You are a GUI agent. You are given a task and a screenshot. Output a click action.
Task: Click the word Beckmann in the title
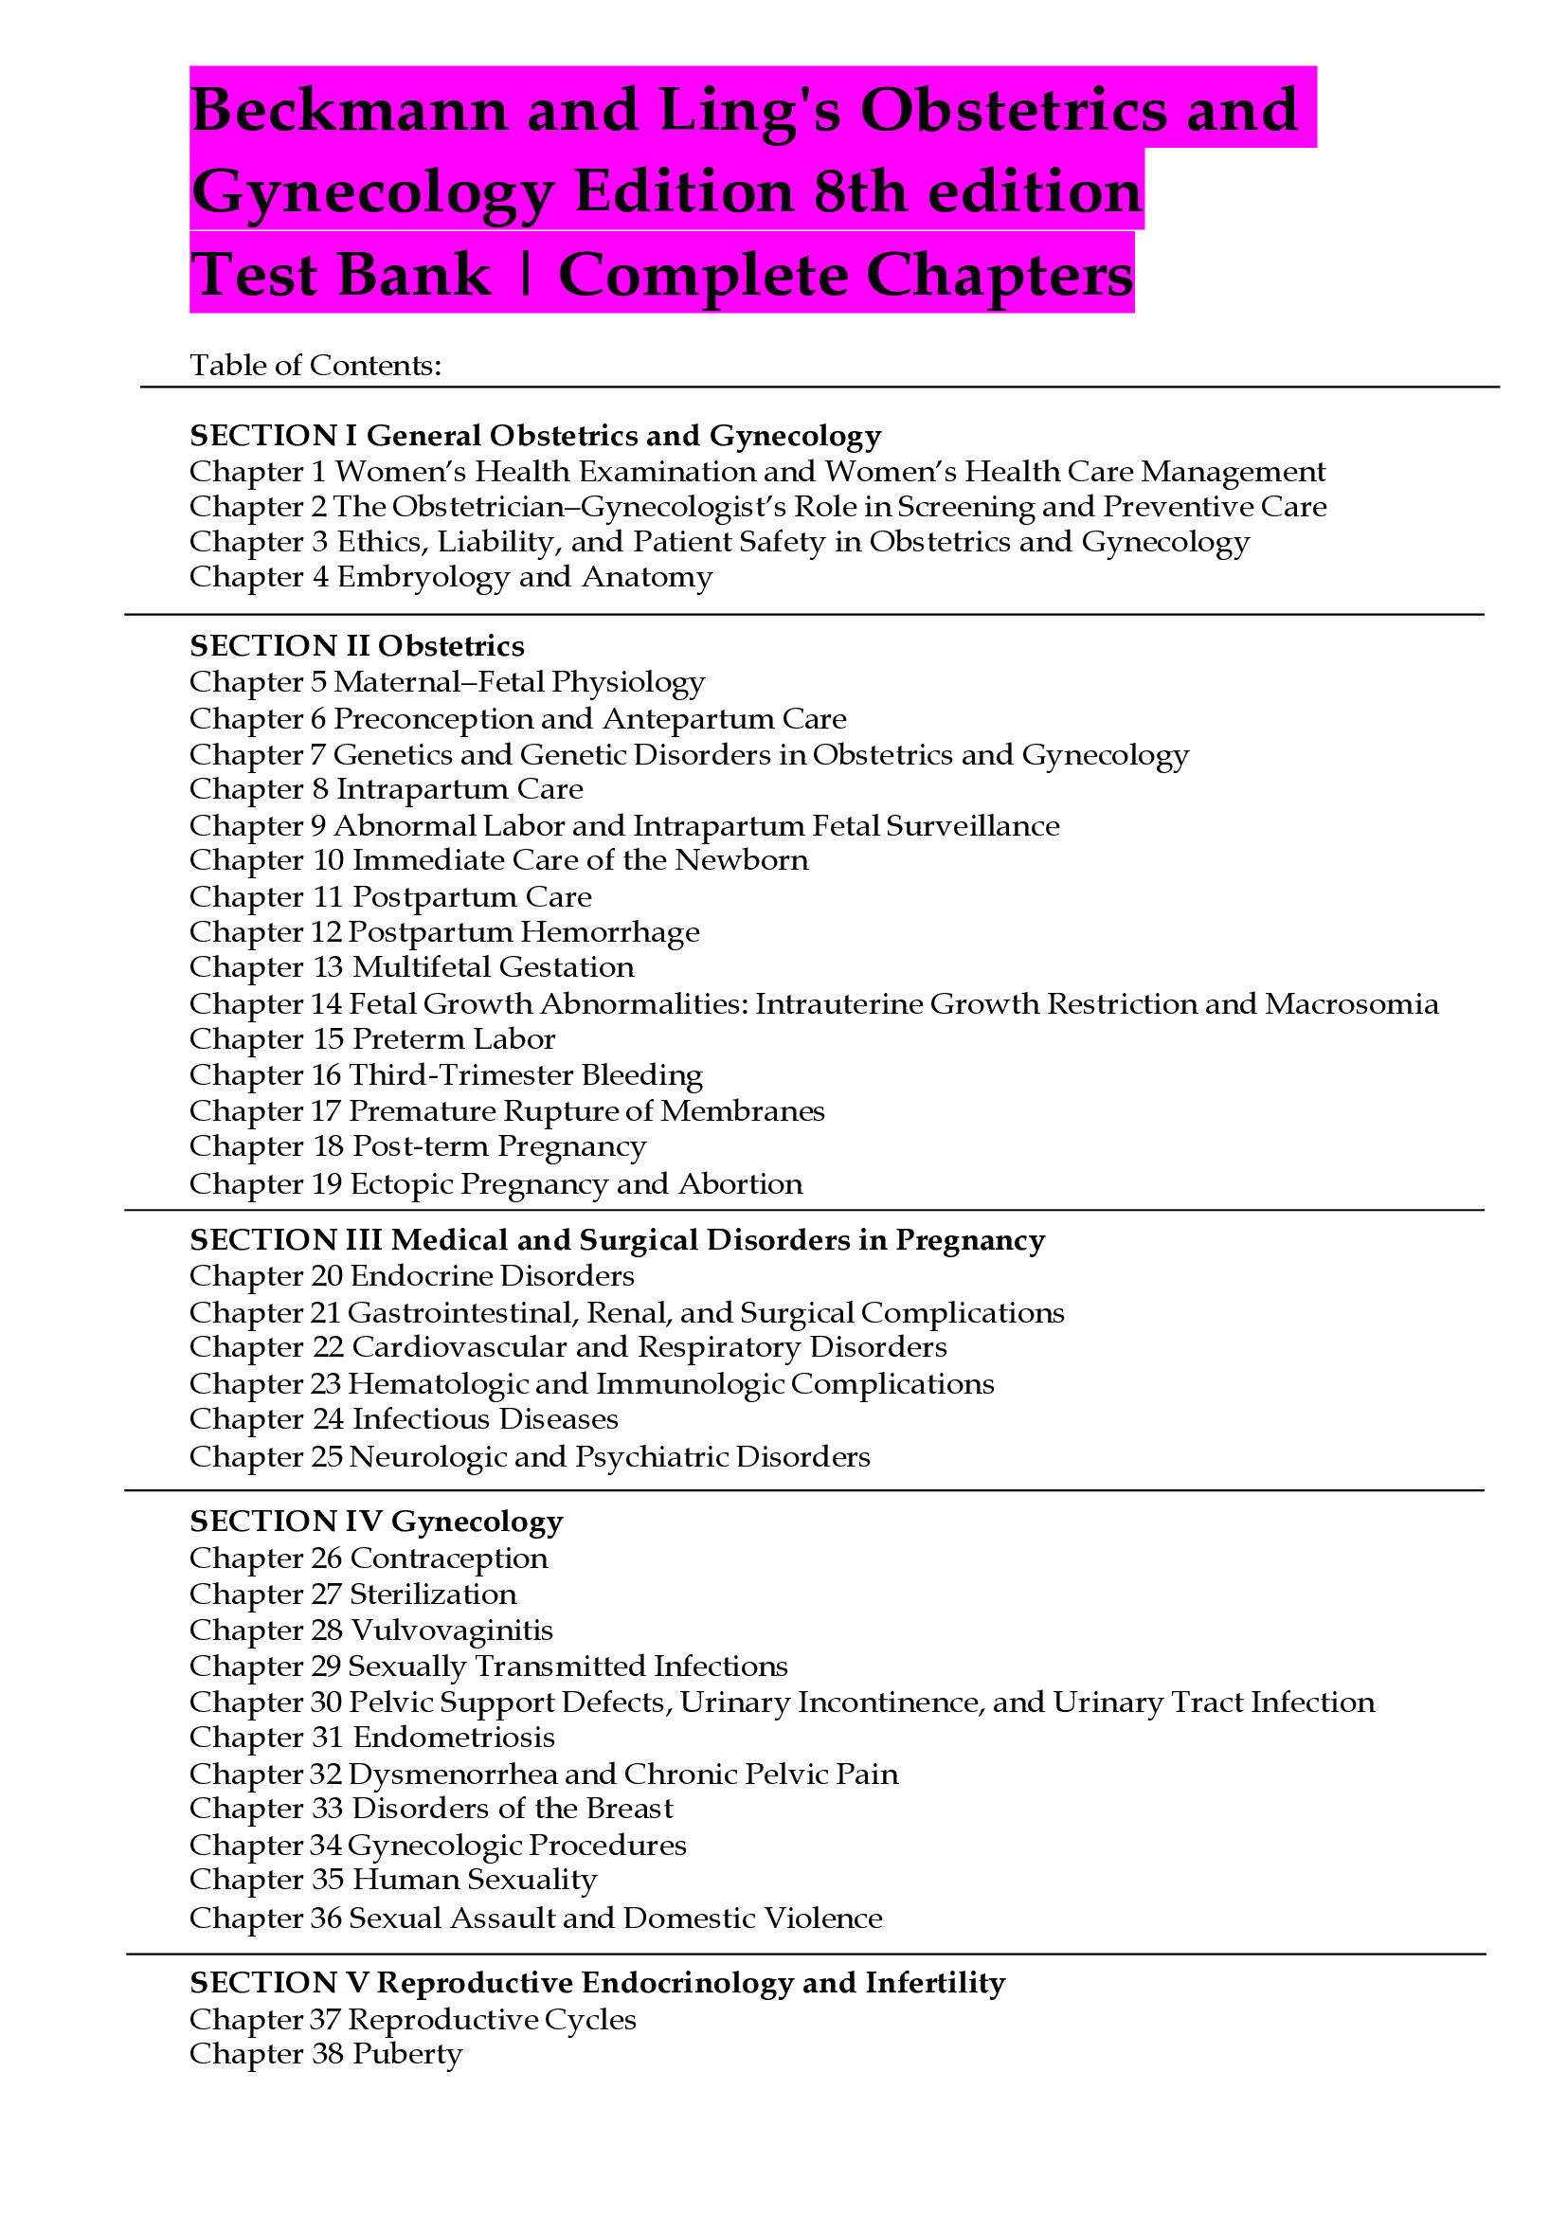point(349,109)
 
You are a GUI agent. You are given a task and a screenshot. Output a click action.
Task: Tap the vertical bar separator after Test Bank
point(525,274)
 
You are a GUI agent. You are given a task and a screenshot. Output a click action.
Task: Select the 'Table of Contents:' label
point(315,365)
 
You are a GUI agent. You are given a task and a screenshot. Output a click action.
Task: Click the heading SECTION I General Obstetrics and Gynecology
point(535,435)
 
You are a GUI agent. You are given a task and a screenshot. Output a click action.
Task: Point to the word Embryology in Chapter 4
point(423,577)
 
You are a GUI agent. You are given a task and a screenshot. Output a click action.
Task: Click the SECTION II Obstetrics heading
point(357,646)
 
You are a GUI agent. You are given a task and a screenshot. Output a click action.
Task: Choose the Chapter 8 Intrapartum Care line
point(386,789)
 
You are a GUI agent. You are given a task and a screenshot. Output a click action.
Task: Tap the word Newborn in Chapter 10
point(741,860)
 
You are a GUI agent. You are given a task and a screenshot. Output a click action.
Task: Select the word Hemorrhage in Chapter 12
point(610,932)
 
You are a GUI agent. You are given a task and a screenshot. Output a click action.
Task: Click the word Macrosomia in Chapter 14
point(1352,1003)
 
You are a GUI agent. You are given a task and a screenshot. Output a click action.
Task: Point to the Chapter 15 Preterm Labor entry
point(372,1039)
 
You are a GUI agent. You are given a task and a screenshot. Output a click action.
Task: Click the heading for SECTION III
point(618,1240)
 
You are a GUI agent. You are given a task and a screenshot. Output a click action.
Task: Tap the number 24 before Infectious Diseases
point(328,1420)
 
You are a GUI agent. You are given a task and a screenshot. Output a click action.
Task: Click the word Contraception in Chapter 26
point(449,1558)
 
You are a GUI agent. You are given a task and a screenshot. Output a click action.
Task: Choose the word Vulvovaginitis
point(452,1630)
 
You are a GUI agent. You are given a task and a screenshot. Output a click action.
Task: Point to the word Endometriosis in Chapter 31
point(454,1738)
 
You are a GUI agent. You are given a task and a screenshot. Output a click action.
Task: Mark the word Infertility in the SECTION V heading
point(935,1983)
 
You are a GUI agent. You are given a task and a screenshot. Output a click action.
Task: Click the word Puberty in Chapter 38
point(407,2055)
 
